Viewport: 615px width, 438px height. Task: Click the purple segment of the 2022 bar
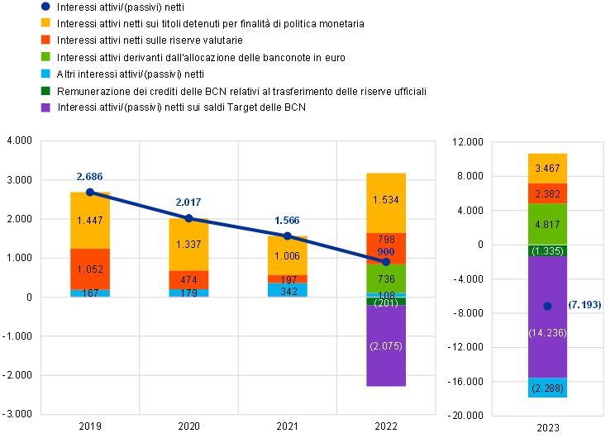pyautogui.click(x=386, y=345)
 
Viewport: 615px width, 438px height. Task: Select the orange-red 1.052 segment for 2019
pyautogui.click(x=90, y=269)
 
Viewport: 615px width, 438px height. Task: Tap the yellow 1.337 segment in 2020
pyautogui.click(x=188, y=245)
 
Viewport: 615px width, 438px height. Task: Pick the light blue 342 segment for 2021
pyautogui.click(x=288, y=290)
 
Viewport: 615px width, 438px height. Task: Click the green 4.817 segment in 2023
pyautogui.click(x=547, y=224)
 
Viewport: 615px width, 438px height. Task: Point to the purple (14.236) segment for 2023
pyautogui.click(x=547, y=317)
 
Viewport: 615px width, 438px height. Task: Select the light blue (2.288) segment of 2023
pyautogui.click(x=547, y=388)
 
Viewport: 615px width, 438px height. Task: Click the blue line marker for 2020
pyautogui.click(x=188, y=218)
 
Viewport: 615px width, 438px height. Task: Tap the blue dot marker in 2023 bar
pyautogui.click(x=547, y=307)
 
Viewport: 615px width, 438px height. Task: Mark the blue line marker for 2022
pyautogui.click(x=386, y=261)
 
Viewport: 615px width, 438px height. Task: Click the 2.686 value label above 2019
pyautogui.click(x=90, y=177)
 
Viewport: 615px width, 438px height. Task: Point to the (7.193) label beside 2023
pyautogui.click(x=584, y=305)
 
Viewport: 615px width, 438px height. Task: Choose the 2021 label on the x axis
pyautogui.click(x=288, y=426)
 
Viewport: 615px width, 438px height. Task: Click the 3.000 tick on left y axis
pyautogui.click(x=20, y=180)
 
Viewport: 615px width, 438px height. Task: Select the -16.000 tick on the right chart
pyautogui.click(x=465, y=382)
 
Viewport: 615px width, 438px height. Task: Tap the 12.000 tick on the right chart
pyautogui.click(x=468, y=142)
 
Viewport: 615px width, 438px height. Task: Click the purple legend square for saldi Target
pyautogui.click(x=46, y=107)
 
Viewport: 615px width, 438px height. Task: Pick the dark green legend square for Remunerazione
pyautogui.click(x=46, y=91)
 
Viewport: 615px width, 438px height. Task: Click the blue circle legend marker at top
pyautogui.click(x=46, y=7)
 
